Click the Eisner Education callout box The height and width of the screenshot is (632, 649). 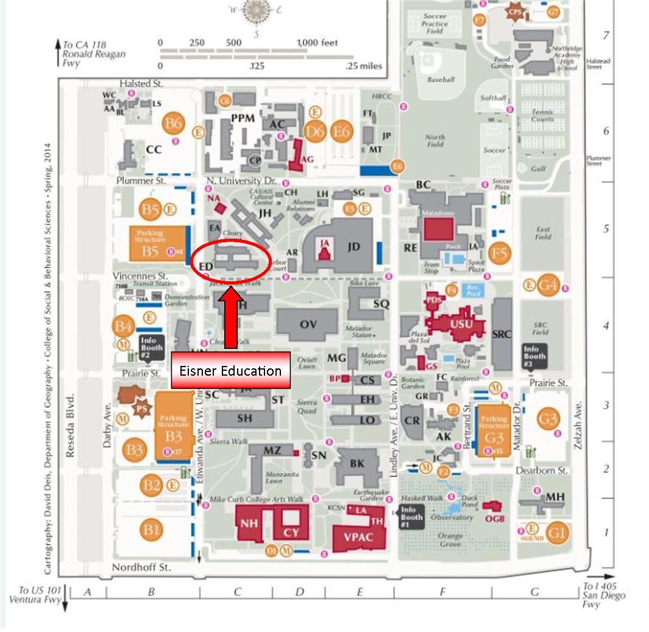click(x=230, y=370)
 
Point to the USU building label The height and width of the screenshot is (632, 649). click(x=461, y=323)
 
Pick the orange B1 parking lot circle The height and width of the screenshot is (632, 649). click(x=151, y=529)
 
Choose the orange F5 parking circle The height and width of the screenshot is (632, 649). click(x=499, y=253)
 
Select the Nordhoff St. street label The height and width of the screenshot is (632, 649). click(x=141, y=567)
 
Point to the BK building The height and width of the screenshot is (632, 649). click(x=357, y=463)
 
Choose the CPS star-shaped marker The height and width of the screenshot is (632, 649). click(x=516, y=12)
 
